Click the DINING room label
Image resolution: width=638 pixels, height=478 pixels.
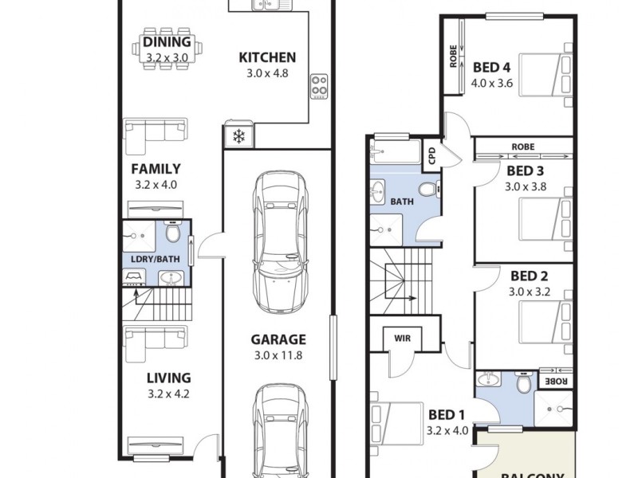167,42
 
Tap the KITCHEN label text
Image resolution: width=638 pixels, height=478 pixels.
267,57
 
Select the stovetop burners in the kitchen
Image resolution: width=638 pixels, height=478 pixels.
319,85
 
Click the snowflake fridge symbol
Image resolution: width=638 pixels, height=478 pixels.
238,137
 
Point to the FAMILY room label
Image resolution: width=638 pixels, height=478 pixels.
156,169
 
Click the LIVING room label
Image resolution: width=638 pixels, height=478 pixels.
167,378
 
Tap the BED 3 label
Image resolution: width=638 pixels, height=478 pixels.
525,171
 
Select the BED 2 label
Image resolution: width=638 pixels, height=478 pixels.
529,276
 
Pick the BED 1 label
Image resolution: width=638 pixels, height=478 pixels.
447,414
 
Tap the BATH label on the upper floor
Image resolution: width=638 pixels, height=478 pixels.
401,202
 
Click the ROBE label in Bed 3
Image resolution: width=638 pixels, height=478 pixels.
522,147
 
